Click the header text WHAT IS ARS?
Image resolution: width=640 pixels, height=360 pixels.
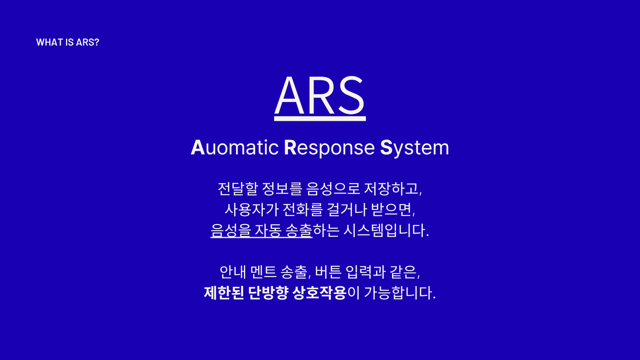(x=68, y=42)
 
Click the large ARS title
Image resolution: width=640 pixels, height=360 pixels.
(x=320, y=96)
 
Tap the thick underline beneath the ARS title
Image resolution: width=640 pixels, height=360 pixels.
(x=320, y=119)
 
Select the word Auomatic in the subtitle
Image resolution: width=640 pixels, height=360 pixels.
(x=234, y=148)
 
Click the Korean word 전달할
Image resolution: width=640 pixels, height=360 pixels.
(x=238, y=189)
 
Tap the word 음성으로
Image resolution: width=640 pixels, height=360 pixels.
(x=333, y=189)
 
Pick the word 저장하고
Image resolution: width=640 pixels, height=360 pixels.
(x=392, y=189)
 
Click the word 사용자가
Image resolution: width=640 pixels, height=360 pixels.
(x=252, y=210)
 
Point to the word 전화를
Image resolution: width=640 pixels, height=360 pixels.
(x=302, y=210)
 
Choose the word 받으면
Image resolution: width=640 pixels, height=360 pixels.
(x=393, y=210)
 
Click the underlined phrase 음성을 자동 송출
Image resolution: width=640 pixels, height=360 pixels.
(x=261, y=230)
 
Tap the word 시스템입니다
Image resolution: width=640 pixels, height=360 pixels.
(x=386, y=230)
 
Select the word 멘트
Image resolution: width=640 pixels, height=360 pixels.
(x=263, y=272)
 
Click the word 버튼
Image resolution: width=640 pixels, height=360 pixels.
(x=328, y=272)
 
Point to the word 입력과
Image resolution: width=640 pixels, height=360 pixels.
(x=365, y=272)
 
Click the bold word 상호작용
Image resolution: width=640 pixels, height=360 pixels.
(x=319, y=293)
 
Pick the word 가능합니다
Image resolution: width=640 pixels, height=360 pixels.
(x=399, y=293)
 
